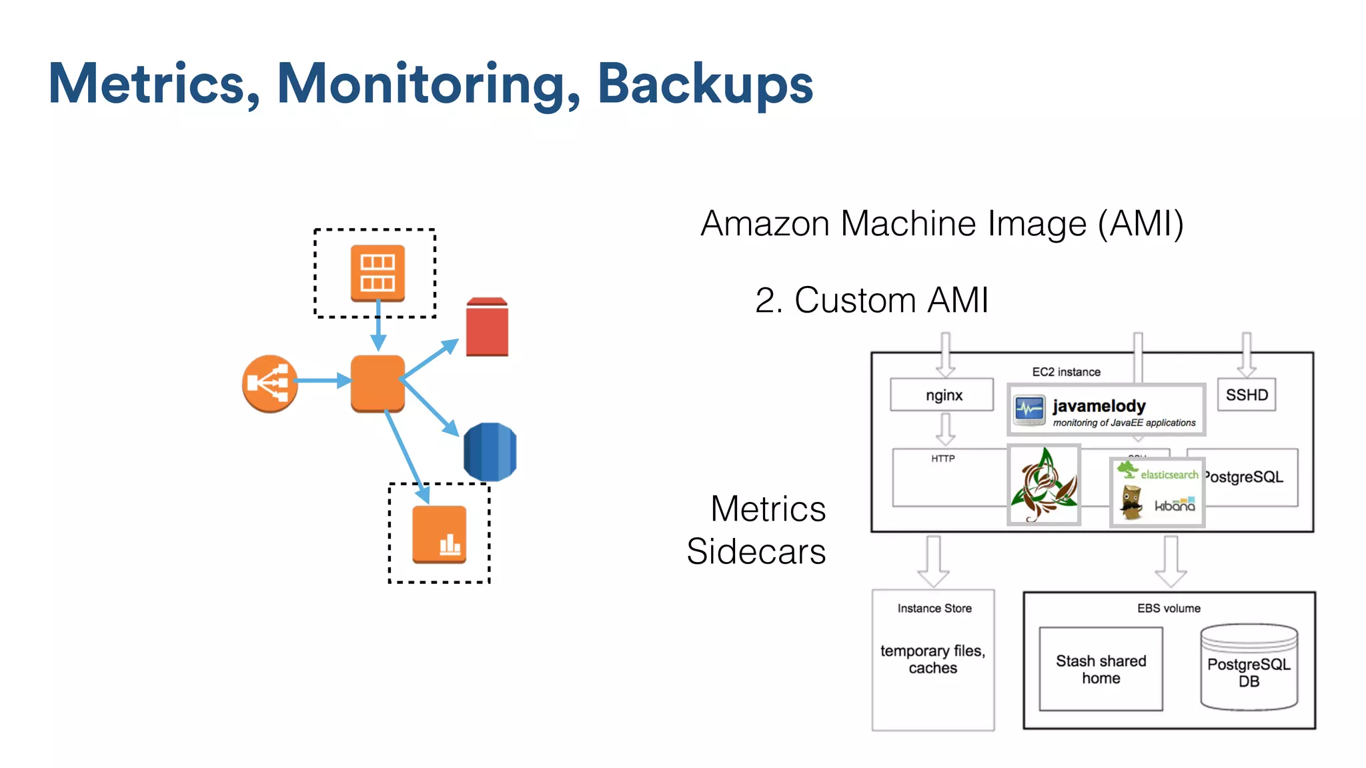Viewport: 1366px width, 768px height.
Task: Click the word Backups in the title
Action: (x=704, y=84)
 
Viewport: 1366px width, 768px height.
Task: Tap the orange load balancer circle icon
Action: (x=269, y=383)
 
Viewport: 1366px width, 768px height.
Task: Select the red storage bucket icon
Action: (x=487, y=327)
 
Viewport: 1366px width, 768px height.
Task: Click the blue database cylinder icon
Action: (x=490, y=451)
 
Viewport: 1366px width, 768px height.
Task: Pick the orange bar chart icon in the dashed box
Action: (x=439, y=534)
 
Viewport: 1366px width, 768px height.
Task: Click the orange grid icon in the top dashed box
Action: (x=378, y=273)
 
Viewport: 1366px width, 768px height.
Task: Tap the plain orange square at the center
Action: (x=378, y=383)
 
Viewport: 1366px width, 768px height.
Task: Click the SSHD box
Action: (x=1246, y=395)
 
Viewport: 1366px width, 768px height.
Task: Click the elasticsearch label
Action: (x=1169, y=474)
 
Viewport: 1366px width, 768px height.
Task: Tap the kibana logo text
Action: (x=1175, y=505)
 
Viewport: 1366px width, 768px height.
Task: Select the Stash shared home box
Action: (x=1101, y=669)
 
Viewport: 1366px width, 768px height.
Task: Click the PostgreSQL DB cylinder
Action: (x=1249, y=669)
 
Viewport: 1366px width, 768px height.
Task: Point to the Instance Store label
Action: (x=934, y=608)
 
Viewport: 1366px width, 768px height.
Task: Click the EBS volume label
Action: (x=1169, y=608)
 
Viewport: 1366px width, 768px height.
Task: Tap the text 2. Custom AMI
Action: (x=871, y=300)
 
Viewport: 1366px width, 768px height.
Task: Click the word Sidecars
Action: (x=756, y=551)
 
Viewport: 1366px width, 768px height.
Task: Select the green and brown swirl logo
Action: (x=1044, y=485)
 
